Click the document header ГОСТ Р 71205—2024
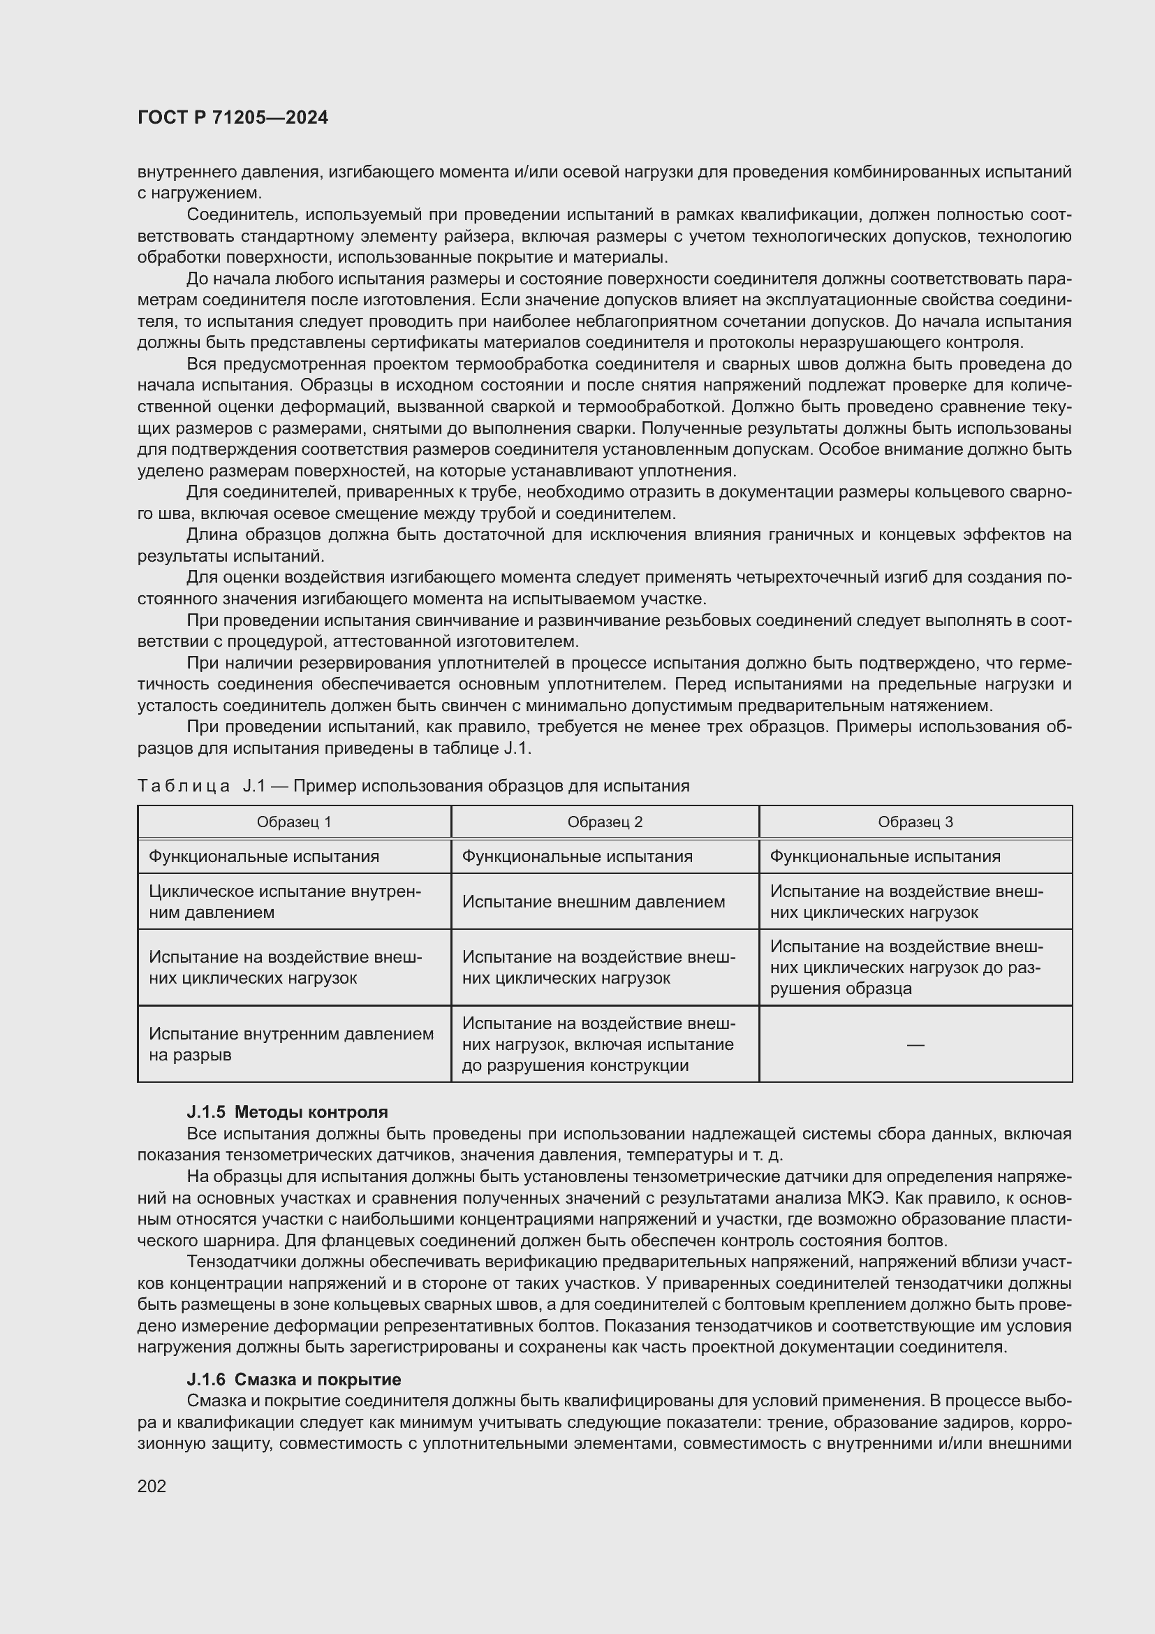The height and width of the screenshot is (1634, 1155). [233, 117]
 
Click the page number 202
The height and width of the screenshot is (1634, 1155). [152, 1485]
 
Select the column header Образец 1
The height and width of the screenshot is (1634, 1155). [294, 822]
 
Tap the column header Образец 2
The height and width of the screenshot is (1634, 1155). [605, 822]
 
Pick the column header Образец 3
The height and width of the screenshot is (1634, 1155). [915, 822]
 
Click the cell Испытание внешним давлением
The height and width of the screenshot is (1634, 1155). [593, 902]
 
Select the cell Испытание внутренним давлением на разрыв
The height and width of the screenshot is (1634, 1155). [291, 1044]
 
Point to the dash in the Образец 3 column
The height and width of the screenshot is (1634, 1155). [915, 1044]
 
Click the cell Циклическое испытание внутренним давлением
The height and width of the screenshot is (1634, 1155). [284, 902]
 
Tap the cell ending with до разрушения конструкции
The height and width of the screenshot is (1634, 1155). [598, 1044]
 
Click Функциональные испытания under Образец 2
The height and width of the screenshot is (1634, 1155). [577, 856]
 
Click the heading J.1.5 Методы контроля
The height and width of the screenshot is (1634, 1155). [287, 1111]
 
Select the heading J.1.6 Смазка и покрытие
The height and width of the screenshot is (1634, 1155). [294, 1379]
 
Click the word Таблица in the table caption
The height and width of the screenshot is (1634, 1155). [184, 786]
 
